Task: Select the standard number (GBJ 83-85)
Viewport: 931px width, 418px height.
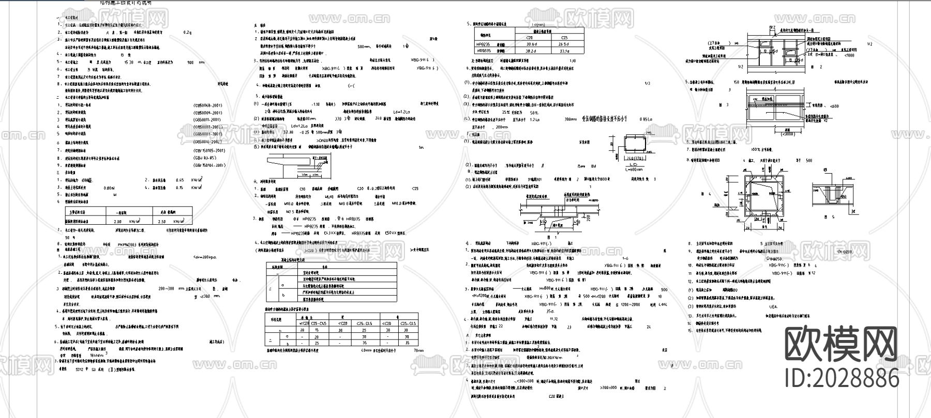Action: click(205, 158)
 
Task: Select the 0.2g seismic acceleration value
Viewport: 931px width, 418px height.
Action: click(187, 33)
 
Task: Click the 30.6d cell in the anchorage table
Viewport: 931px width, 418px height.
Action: click(530, 44)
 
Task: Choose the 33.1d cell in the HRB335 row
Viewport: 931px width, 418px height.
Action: click(564, 51)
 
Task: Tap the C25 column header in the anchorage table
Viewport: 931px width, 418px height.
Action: click(564, 37)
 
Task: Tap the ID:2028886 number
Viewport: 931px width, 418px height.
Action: click(842, 378)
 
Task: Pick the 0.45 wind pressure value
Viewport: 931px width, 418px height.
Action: click(179, 180)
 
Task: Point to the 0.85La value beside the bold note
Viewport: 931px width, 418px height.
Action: click(647, 119)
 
